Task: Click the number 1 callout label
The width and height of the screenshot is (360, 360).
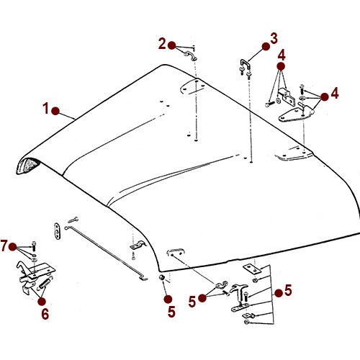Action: [46, 109]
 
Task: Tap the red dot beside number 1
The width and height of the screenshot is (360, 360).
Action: [59, 112]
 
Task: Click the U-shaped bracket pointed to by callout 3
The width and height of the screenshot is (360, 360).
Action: [243, 68]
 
